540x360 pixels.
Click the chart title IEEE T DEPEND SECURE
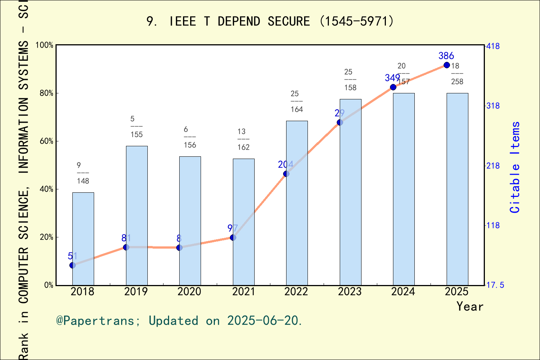pyautogui.click(x=270, y=21)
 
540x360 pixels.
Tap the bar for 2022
pyautogui.click(x=297, y=203)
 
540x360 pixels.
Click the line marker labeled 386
pyautogui.click(x=447, y=65)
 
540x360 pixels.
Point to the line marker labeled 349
pyautogui.click(x=393, y=87)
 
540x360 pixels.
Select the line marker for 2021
pyautogui.click(x=233, y=237)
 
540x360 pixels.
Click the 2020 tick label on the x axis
pyautogui.click(x=189, y=291)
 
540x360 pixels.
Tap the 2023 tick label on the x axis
pyautogui.click(x=350, y=291)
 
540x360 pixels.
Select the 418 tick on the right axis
pyautogui.click(x=493, y=46)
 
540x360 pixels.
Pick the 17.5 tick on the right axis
pyautogui.click(x=495, y=285)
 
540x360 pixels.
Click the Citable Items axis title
pyautogui.click(x=515, y=167)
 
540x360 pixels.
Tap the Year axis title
pyautogui.click(x=470, y=306)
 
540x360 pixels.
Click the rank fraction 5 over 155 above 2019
pyautogui.click(x=136, y=127)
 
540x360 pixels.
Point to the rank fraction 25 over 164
pyautogui.click(x=296, y=102)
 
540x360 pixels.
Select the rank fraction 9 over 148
pyautogui.click(x=82, y=173)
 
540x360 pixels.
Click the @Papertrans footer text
pyautogui.click(x=179, y=321)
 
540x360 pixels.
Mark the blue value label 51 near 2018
pyautogui.click(x=72, y=256)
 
